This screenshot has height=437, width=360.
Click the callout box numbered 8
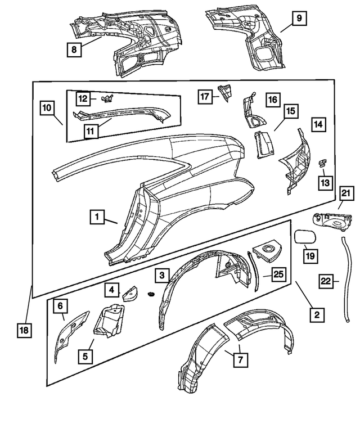click(74, 50)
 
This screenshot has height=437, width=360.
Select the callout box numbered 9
click(299, 19)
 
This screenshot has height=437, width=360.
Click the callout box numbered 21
click(346, 195)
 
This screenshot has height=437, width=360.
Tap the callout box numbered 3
click(162, 275)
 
